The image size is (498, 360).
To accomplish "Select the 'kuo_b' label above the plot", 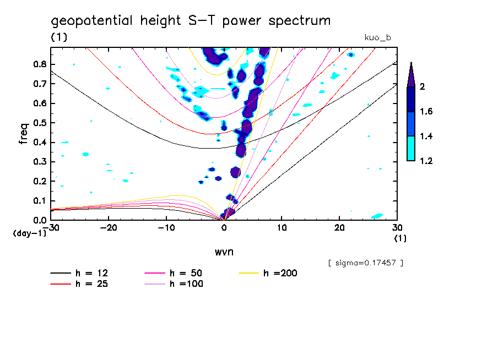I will click(x=378, y=37).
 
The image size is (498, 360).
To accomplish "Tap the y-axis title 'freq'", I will click(x=24, y=133).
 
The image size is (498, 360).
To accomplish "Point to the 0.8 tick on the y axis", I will click(x=39, y=64).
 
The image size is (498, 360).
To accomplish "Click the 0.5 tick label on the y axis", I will click(x=39, y=123).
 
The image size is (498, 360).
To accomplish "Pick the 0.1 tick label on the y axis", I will click(x=39, y=200).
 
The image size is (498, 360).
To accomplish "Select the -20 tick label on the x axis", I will click(x=109, y=227).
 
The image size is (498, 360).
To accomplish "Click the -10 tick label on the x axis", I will click(x=166, y=227).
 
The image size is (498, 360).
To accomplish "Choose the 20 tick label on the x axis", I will click(x=339, y=227).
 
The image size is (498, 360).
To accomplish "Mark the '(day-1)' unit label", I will click(x=29, y=233).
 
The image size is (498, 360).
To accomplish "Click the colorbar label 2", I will click(x=421, y=87).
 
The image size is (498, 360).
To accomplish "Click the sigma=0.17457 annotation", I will click(x=365, y=263).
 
